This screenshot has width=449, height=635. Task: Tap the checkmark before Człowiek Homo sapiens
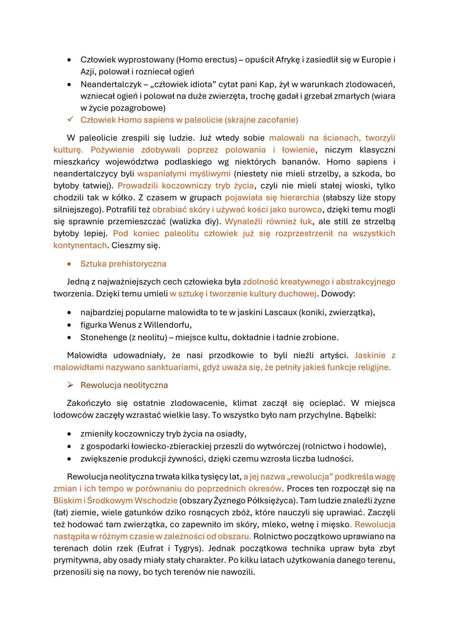click(70, 120)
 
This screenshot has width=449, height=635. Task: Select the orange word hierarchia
click(299, 198)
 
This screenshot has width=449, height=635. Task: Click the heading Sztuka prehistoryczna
click(123, 264)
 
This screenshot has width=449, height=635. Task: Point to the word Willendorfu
click(167, 325)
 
